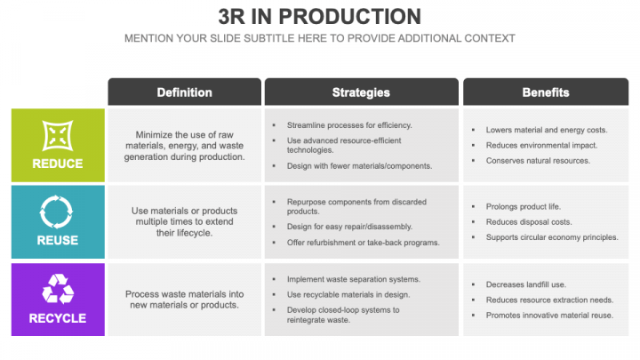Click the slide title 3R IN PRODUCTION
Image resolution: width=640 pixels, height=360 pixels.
[x=320, y=17]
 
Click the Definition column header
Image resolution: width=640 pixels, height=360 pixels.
[x=184, y=92]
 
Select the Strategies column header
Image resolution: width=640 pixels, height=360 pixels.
[x=361, y=92]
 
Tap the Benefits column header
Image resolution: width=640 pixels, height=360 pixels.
[x=546, y=92]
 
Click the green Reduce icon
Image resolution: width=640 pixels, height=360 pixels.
[x=58, y=136]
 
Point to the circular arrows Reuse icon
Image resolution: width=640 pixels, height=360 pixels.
[x=58, y=212]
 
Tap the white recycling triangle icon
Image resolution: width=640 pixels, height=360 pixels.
[x=58, y=290]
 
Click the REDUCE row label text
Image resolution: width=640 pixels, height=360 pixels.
[x=58, y=164]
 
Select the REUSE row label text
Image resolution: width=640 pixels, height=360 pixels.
[x=58, y=240]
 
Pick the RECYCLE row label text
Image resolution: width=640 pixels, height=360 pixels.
[x=58, y=317]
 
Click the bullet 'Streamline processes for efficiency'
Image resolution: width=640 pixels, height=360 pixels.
[x=349, y=125]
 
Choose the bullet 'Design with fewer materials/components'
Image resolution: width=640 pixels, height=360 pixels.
[x=359, y=165]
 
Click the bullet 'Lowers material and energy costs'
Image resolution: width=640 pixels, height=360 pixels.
[x=546, y=130]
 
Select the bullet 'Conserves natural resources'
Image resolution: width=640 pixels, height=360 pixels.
[x=538, y=161]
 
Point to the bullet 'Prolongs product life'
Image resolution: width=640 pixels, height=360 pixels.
[x=524, y=206]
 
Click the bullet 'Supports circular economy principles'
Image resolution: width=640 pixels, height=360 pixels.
[x=551, y=237]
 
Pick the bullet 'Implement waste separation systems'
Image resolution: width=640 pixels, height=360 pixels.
[x=353, y=279]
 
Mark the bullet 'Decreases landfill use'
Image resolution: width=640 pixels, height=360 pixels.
[x=526, y=284]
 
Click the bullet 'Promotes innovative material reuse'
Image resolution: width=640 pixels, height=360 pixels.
[x=550, y=316]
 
